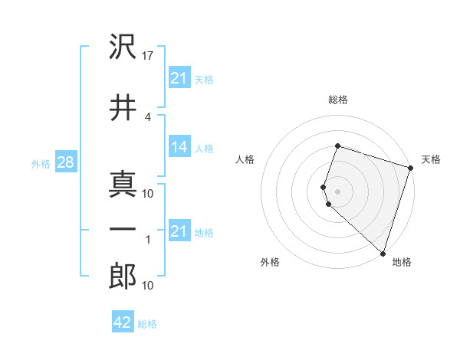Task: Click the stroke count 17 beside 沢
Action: tap(149, 56)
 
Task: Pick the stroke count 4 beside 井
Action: tap(148, 116)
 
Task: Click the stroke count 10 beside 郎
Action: tap(148, 286)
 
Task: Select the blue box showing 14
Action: tap(179, 148)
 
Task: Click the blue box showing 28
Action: tap(64, 163)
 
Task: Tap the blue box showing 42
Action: tap(122, 322)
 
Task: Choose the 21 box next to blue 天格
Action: tap(179, 77)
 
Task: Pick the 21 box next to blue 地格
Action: tap(179, 231)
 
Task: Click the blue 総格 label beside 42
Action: tap(147, 324)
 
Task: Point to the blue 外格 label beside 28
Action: tap(41, 164)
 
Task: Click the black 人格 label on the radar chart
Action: tap(245, 159)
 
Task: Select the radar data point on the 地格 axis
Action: tap(382, 253)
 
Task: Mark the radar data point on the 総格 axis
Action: tap(337, 146)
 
